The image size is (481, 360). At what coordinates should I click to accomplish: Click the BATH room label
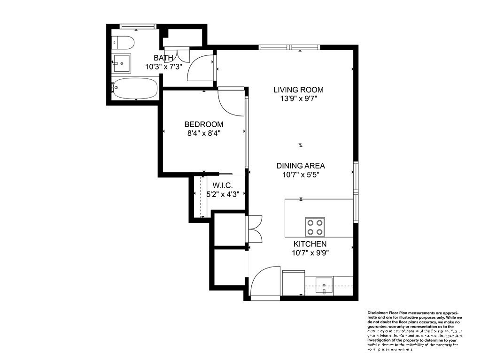(163, 58)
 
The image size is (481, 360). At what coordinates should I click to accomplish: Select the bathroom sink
(122, 62)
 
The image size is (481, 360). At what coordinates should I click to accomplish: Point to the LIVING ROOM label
(299, 90)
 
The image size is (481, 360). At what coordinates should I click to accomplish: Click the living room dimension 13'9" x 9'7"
(299, 99)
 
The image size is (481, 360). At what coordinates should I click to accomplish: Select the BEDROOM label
(203, 124)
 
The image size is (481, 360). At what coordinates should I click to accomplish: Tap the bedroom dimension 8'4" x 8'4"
(203, 133)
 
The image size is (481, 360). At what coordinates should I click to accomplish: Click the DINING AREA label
(301, 166)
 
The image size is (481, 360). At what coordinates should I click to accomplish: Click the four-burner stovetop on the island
(315, 227)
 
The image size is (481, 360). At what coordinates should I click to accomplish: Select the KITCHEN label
(310, 244)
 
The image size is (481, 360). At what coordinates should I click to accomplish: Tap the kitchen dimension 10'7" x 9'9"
(310, 253)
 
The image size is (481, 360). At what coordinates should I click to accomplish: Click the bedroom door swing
(230, 101)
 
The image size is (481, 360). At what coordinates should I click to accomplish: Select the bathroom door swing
(200, 68)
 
